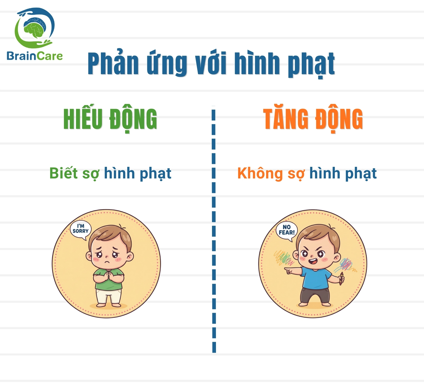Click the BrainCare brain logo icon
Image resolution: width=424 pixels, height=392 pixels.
(x=34, y=28)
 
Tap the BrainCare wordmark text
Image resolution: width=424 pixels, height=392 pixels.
(x=35, y=56)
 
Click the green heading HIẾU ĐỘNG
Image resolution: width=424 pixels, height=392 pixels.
(x=110, y=120)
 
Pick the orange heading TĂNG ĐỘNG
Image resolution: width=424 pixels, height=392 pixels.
(x=313, y=119)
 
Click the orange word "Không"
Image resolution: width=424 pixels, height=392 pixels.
(x=260, y=173)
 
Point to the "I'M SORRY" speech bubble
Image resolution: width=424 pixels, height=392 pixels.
(x=81, y=230)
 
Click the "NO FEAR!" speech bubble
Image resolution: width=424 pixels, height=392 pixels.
(x=287, y=231)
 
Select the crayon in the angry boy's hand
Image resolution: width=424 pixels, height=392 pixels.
(x=341, y=278)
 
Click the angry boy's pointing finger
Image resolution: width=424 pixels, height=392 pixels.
(x=287, y=269)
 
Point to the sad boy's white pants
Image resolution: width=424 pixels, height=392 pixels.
(x=108, y=296)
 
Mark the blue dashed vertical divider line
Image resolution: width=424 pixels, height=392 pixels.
(x=214, y=229)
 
